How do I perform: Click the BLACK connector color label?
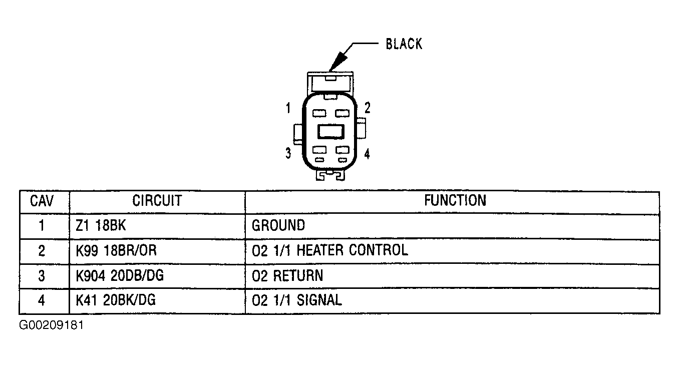pyautogui.click(x=404, y=44)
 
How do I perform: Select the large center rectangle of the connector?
pyautogui.click(x=330, y=131)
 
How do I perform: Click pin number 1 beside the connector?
pyautogui.click(x=288, y=108)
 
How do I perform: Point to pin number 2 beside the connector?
pyautogui.click(x=368, y=108)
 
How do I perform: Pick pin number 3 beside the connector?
pyautogui.click(x=288, y=153)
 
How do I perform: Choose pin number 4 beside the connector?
pyautogui.click(x=367, y=154)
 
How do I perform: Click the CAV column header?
pyautogui.click(x=42, y=201)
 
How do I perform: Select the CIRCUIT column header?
pyautogui.click(x=157, y=201)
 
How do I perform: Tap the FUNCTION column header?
pyautogui.click(x=455, y=201)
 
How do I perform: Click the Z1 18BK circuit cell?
pyautogui.click(x=101, y=225)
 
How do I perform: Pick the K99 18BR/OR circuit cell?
pyautogui.click(x=116, y=250)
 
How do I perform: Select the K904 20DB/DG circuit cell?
pyautogui.click(x=120, y=275)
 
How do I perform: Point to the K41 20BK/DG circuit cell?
pyautogui.click(x=116, y=300)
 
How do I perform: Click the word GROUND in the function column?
pyautogui.click(x=278, y=225)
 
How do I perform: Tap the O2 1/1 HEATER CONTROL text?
pyautogui.click(x=329, y=250)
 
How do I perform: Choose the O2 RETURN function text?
pyautogui.click(x=287, y=275)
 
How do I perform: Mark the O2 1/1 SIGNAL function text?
pyautogui.click(x=297, y=300)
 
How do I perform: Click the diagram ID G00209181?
pyautogui.click(x=52, y=325)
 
